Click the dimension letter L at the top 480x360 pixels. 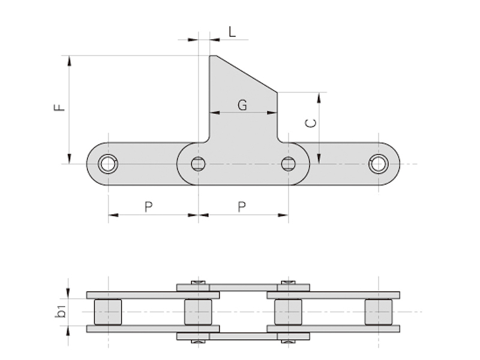coord(232,32)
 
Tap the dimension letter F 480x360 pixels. coord(59,107)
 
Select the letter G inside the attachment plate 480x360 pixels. coord(242,105)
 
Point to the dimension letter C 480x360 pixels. coord(311,123)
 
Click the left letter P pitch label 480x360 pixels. coord(148,207)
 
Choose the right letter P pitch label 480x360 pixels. coord(242,207)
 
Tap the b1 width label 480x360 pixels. coord(61,311)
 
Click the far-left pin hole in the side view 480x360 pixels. coord(108,164)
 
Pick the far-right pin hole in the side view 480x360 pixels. coord(379,164)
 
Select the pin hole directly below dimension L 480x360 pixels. coord(199,164)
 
